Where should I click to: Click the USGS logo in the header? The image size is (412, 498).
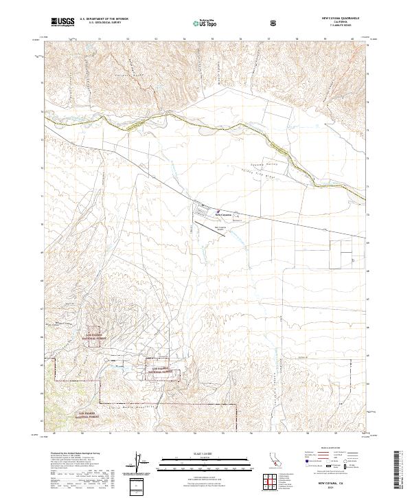(63, 22)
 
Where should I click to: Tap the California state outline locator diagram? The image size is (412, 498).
(274, 460)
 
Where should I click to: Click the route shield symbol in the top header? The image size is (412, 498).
(273, 23)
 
